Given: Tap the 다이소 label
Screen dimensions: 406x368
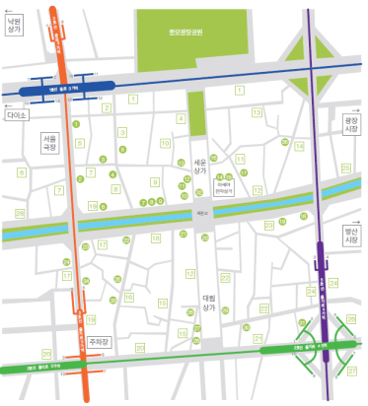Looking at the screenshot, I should pyautogui.click(x=17, y=115).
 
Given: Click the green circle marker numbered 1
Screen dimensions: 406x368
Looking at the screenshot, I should pyautogui.click(x=76, y=124).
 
